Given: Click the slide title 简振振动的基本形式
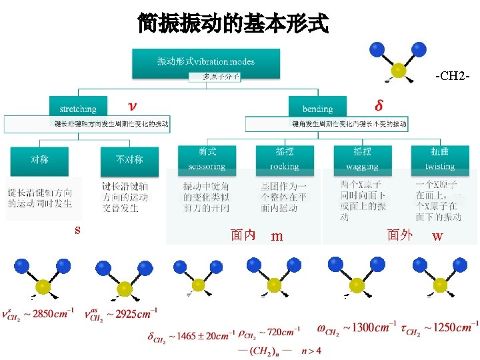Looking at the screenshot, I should pos(233,24).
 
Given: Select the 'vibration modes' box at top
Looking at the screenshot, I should pos(206,61).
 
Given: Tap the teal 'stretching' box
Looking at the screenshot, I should pos(77,107).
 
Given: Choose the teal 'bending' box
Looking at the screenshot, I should pos(317,107).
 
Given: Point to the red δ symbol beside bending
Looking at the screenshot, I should pos(379,105).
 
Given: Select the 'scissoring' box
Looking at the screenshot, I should pos(207,159).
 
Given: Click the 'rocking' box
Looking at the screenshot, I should pos(285,159).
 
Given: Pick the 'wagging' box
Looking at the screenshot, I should pos(362,159).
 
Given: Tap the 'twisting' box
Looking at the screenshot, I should pos(440,159).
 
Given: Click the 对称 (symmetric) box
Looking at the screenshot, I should pos(39,160).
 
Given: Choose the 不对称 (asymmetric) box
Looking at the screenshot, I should pos(129,160).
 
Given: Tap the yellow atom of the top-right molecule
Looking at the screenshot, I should pos(399,69).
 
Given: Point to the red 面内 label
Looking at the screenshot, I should pos(243,235).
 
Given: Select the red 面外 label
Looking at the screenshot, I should pos(400,235).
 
